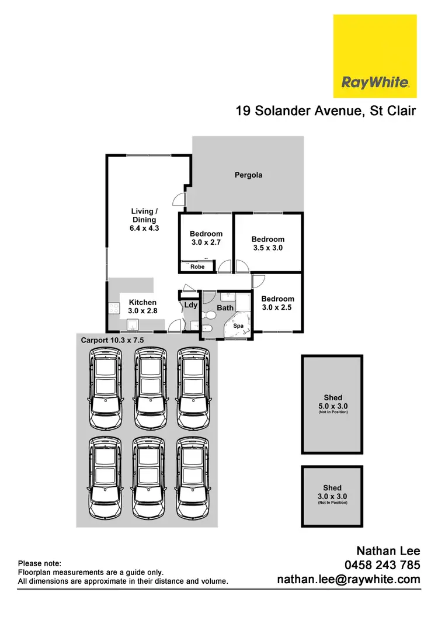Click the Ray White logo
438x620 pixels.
(x=374, y=56)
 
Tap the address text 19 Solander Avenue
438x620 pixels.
(x=326, y=111)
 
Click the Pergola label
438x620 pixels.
(x=248, y=175)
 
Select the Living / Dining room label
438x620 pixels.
(x=144, y=220)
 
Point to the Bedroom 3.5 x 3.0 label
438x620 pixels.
(x=267, y=243)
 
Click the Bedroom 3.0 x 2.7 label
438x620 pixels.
(x=206, y=238)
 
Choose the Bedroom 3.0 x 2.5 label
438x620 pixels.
(x=277, y=303)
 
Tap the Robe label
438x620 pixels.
(x=198, y=266)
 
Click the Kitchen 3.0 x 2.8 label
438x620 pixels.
(x=142, y=307)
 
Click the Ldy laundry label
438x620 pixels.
(x=190, y=305)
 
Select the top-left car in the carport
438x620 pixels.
(x=105, y=388)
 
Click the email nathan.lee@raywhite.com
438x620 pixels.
(x=348, y=580)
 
